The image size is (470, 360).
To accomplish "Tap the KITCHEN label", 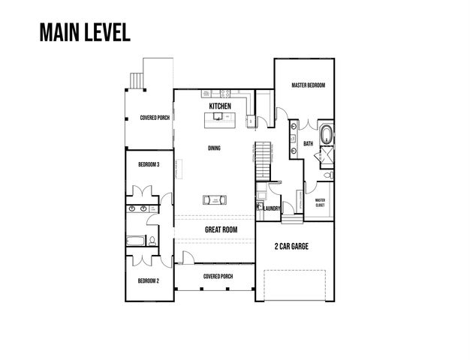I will [x=220, y=107].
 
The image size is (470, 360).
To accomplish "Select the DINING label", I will [x=214, y=148].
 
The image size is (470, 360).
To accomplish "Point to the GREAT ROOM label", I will [x=221, y=230].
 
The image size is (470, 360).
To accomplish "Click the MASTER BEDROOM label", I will [x=308, y=86].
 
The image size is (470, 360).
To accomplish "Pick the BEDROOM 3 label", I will [x=148, y=163].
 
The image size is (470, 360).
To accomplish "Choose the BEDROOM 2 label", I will [x=148, y=280].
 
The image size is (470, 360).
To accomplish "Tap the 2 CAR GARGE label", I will [x=293, y=246].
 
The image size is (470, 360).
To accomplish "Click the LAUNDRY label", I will [x=272, y=208].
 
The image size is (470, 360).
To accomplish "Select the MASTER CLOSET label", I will [x=319, y=201].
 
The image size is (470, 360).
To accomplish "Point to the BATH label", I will [x=308, y=143].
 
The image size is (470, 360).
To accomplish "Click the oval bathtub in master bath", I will [x=327, y=136].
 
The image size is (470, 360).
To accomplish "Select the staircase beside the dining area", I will [x=261, y=157].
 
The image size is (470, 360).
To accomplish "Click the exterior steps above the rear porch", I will [x=137, y=79].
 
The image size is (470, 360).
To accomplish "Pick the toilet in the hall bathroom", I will [x=152, y=241].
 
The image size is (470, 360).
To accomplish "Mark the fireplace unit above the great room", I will [x=215, y=199].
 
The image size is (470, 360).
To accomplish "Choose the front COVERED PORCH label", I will [x=218, y=276].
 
